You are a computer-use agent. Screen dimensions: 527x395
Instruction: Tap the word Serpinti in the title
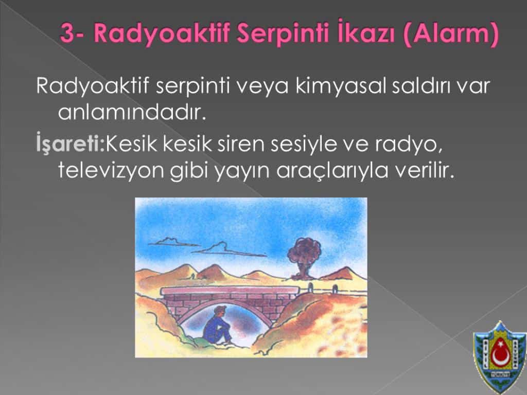(283, 33)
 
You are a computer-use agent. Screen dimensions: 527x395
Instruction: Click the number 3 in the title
(67, 34)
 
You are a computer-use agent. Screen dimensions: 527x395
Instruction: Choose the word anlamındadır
(132, 112)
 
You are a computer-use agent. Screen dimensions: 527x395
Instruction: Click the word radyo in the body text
(408, 145)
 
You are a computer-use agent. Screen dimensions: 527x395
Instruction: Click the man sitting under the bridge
(217, 325)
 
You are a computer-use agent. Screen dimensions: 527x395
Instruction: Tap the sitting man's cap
(220, 309)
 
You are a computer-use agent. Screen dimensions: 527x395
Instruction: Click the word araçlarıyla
(332, 172)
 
